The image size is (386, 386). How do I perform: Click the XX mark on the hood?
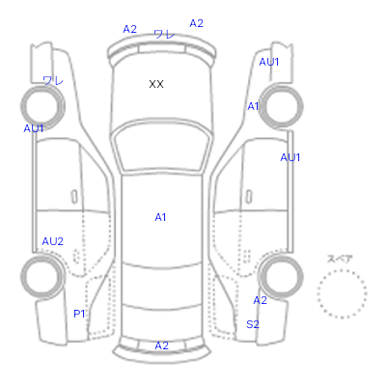click(x=156, y=84)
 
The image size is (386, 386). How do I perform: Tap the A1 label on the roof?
click(x=160, y=217)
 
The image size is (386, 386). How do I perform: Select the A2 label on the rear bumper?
click(x=161, y=345)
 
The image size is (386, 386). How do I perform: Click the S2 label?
click(x=253, y=324)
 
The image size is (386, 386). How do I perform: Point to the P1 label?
click(x=79, y=314)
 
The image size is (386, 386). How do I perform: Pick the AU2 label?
click(x=53, y=241)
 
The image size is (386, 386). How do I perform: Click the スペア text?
click(x=340, y=259)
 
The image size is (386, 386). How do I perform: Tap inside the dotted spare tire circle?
click(x=342, y=293)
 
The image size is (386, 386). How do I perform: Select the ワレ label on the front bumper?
click(x=164, y=34)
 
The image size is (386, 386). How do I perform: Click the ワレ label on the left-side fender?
click(x=53, y=80)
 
